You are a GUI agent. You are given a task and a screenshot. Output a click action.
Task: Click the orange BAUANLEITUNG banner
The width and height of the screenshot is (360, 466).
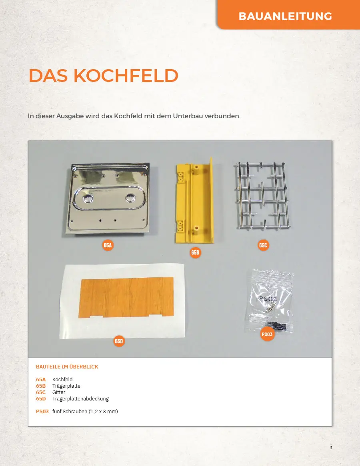point(288,14)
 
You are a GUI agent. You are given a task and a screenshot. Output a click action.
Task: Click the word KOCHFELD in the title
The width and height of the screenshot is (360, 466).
point(126,76)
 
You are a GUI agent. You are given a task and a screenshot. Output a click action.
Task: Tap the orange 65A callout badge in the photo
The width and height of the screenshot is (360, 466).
point(108,245)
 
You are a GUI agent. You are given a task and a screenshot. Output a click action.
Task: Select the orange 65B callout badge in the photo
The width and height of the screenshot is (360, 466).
point(195,253)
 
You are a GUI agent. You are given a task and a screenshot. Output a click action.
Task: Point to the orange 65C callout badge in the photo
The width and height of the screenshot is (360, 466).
point(263,245)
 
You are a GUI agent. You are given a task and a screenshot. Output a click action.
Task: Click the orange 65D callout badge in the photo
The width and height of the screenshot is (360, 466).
point(119,341)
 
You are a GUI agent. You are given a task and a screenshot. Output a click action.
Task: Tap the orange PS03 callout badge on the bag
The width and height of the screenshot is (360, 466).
point(267,335)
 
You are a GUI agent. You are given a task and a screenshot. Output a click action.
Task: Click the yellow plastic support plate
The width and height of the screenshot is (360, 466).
point(194,201)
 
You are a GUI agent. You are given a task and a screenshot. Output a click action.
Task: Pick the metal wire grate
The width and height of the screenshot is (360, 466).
point(262,196)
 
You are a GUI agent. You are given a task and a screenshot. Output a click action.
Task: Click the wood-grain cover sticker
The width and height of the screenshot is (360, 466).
point(126,297)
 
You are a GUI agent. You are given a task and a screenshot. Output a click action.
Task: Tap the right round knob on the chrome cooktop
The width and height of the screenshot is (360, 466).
point(130,197)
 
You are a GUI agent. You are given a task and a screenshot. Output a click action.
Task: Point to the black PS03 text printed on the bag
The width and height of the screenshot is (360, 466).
point(268,299)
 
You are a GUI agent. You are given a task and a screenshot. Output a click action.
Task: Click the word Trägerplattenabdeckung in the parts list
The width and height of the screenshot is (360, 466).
point(80,399)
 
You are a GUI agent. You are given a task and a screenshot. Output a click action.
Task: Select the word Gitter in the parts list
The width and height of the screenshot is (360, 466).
point(59,392)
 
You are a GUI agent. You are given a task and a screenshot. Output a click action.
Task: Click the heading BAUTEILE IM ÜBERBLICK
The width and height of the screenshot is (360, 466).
point(67,367)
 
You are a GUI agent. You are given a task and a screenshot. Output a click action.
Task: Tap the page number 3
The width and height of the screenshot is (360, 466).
point(331,448)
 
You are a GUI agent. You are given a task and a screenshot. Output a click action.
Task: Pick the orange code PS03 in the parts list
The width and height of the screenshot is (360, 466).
point(42,412)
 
